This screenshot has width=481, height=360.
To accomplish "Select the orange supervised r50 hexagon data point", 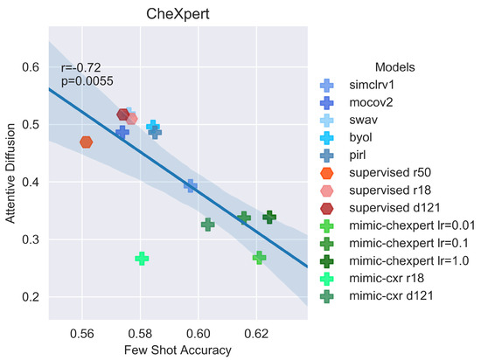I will [x=86, y=142].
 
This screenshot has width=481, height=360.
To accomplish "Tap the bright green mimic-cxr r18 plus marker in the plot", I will [x=142, y=259].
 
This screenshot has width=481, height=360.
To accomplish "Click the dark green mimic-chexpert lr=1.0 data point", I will [x=269, y=217].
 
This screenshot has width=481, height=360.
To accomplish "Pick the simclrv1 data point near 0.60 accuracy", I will [x=190, y=185].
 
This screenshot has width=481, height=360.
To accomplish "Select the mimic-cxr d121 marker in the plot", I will [x=207, y=225].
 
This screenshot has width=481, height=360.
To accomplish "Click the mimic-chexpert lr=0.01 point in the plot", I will [x=259, y=257].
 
